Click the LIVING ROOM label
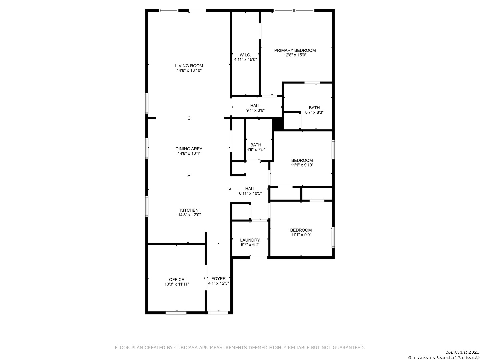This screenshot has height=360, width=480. click(x=189, y=66)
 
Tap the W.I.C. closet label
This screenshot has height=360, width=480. click(x=245, y=55)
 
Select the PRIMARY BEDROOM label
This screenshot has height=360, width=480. click(x=295, y=50)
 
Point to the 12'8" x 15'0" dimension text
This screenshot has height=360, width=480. click(x=295, y=55)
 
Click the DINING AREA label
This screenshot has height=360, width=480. click(x=189, y=149)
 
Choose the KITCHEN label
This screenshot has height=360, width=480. click(x=189, y=210)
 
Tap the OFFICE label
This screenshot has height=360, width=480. click(x=176, y=280)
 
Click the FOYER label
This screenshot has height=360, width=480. click(x=218, y=279)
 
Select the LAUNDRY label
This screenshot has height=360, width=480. click(x=250, y=240)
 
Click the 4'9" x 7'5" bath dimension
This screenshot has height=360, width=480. click(x=256, y=150)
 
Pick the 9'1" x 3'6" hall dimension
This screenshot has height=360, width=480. click(x=255, y=110)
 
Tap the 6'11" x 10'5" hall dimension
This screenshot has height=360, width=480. click(x=250, y=193)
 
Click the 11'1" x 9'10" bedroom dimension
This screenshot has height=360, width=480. click(x=302, y=165)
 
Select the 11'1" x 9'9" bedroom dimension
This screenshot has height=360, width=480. click(x=301, y=235)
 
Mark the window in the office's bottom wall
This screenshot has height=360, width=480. click(x=176, y=313)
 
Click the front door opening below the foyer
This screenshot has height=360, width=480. click(x=218, y=313)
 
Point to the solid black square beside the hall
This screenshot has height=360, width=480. click(x=278, y=124)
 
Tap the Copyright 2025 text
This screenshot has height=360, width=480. click(x=462, y=352)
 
